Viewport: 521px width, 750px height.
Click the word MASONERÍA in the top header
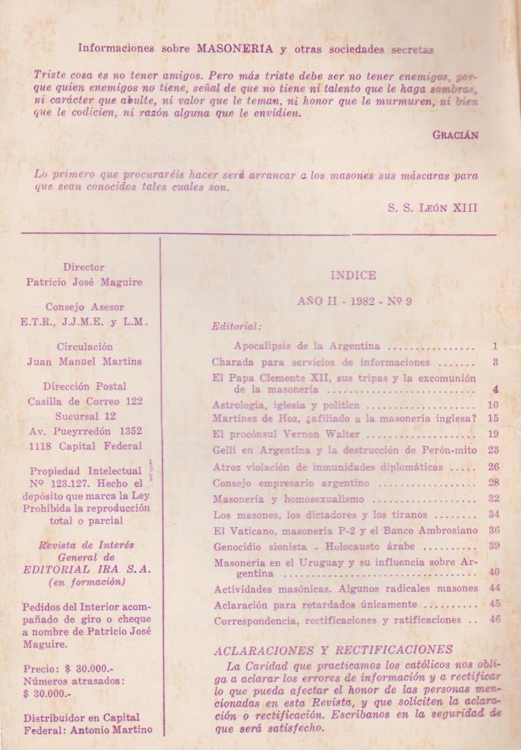pyautogui.click(x=235, y=49)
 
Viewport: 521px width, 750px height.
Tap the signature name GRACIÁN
pyautogui.click(x=455, y=134)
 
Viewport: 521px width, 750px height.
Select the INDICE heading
pyautogui.click(x=353, y=275)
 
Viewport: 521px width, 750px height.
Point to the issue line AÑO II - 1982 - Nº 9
pyautogui.click(x=355, y=302)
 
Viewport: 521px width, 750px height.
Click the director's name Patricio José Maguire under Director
pyautogui.click(x=84, y=283)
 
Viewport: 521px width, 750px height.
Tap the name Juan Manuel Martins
pyautogui.click(x=84, y=362)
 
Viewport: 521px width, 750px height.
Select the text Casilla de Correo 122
pyautogui.click(x=85, y=401)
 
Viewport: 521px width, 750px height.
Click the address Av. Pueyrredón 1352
pyautogui.click(x=86, y=431)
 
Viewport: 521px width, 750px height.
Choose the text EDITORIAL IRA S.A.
pyautogui.click(x=87, y=569)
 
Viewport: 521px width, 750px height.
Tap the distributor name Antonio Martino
pyautogui.click(x=118, y=729)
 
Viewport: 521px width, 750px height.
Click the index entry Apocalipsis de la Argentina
pyautogui.click(x=307, y=346)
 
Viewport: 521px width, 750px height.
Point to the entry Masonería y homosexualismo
pyautogui.click(x=289, y=499)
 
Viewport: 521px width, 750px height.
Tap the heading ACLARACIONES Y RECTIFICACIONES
pyautogui.click(x=333, y=650)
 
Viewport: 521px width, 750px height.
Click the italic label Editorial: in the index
pyautogui.click(x=237, y=326)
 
